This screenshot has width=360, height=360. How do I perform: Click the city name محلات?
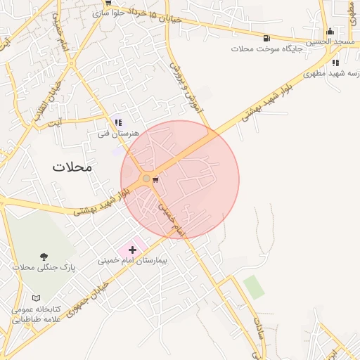pyautogui.click(x=72, y=167)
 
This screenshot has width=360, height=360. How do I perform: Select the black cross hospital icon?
pyautogui.click(x=132, y=250)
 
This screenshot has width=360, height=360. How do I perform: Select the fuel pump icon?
pyautogui.click(x=266, y=38)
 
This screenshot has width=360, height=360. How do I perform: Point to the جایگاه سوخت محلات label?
pyautogui.click(x=266, y=49)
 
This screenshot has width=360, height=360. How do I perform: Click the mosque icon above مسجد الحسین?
pyautogui.click(x=330, y=31)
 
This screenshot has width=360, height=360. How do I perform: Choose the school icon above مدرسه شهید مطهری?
pyautogui.click(x=335, y=63)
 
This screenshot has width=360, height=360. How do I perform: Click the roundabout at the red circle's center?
pyautogui.click(x=146, y=179)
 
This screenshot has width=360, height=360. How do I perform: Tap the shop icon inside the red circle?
pyautogui.click(x=155, y=180)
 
